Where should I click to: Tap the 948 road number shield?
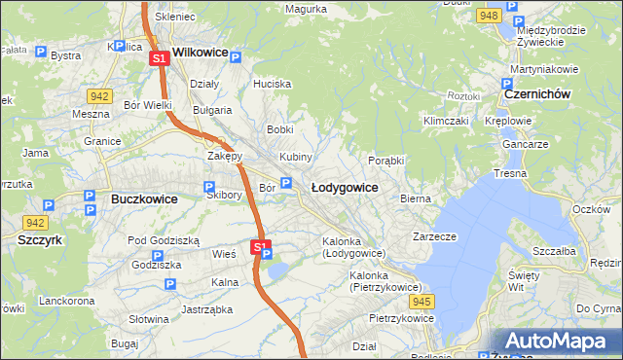pyautogui.click(x=490, y=17)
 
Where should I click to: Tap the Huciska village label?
pyautogui.click(x=273, y=84)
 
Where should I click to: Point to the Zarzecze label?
pyautogui.click(x=434, y=236)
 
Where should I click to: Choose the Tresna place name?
pyautogui.click(x=510, y=173)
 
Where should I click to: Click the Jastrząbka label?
pyautogui.click(x=204, y=310)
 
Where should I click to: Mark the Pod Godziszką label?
pyautogui.click(x=164, y=240)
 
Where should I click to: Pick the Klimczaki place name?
pyautogui.click(x=446, y=121)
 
